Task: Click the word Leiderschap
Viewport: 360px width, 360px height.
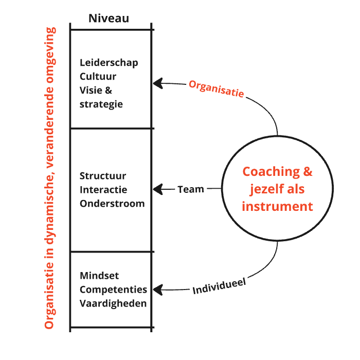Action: coord(109,63)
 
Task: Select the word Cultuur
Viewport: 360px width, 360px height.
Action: coord(98,77)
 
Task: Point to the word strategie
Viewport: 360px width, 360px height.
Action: coord(101,104)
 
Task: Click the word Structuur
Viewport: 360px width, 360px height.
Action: coord(103,176)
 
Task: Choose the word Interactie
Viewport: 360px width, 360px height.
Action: coord(103,190)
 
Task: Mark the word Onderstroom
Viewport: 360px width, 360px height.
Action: coord(112,203)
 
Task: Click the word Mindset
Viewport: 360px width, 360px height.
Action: coord(99,276)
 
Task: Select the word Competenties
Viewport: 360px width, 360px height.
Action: coord(113,290)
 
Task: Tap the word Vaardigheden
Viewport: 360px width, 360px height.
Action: coord(113,303)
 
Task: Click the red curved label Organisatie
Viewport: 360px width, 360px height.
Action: coord(216,88)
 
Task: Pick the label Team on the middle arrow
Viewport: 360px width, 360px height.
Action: coord(191,189)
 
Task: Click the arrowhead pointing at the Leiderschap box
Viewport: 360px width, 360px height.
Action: coord(157,82)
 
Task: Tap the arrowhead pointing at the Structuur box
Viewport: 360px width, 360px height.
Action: coord(157,189)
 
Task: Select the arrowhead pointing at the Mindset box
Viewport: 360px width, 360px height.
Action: coord(157,290)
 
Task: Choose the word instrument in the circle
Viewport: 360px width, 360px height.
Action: coord(277,207)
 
